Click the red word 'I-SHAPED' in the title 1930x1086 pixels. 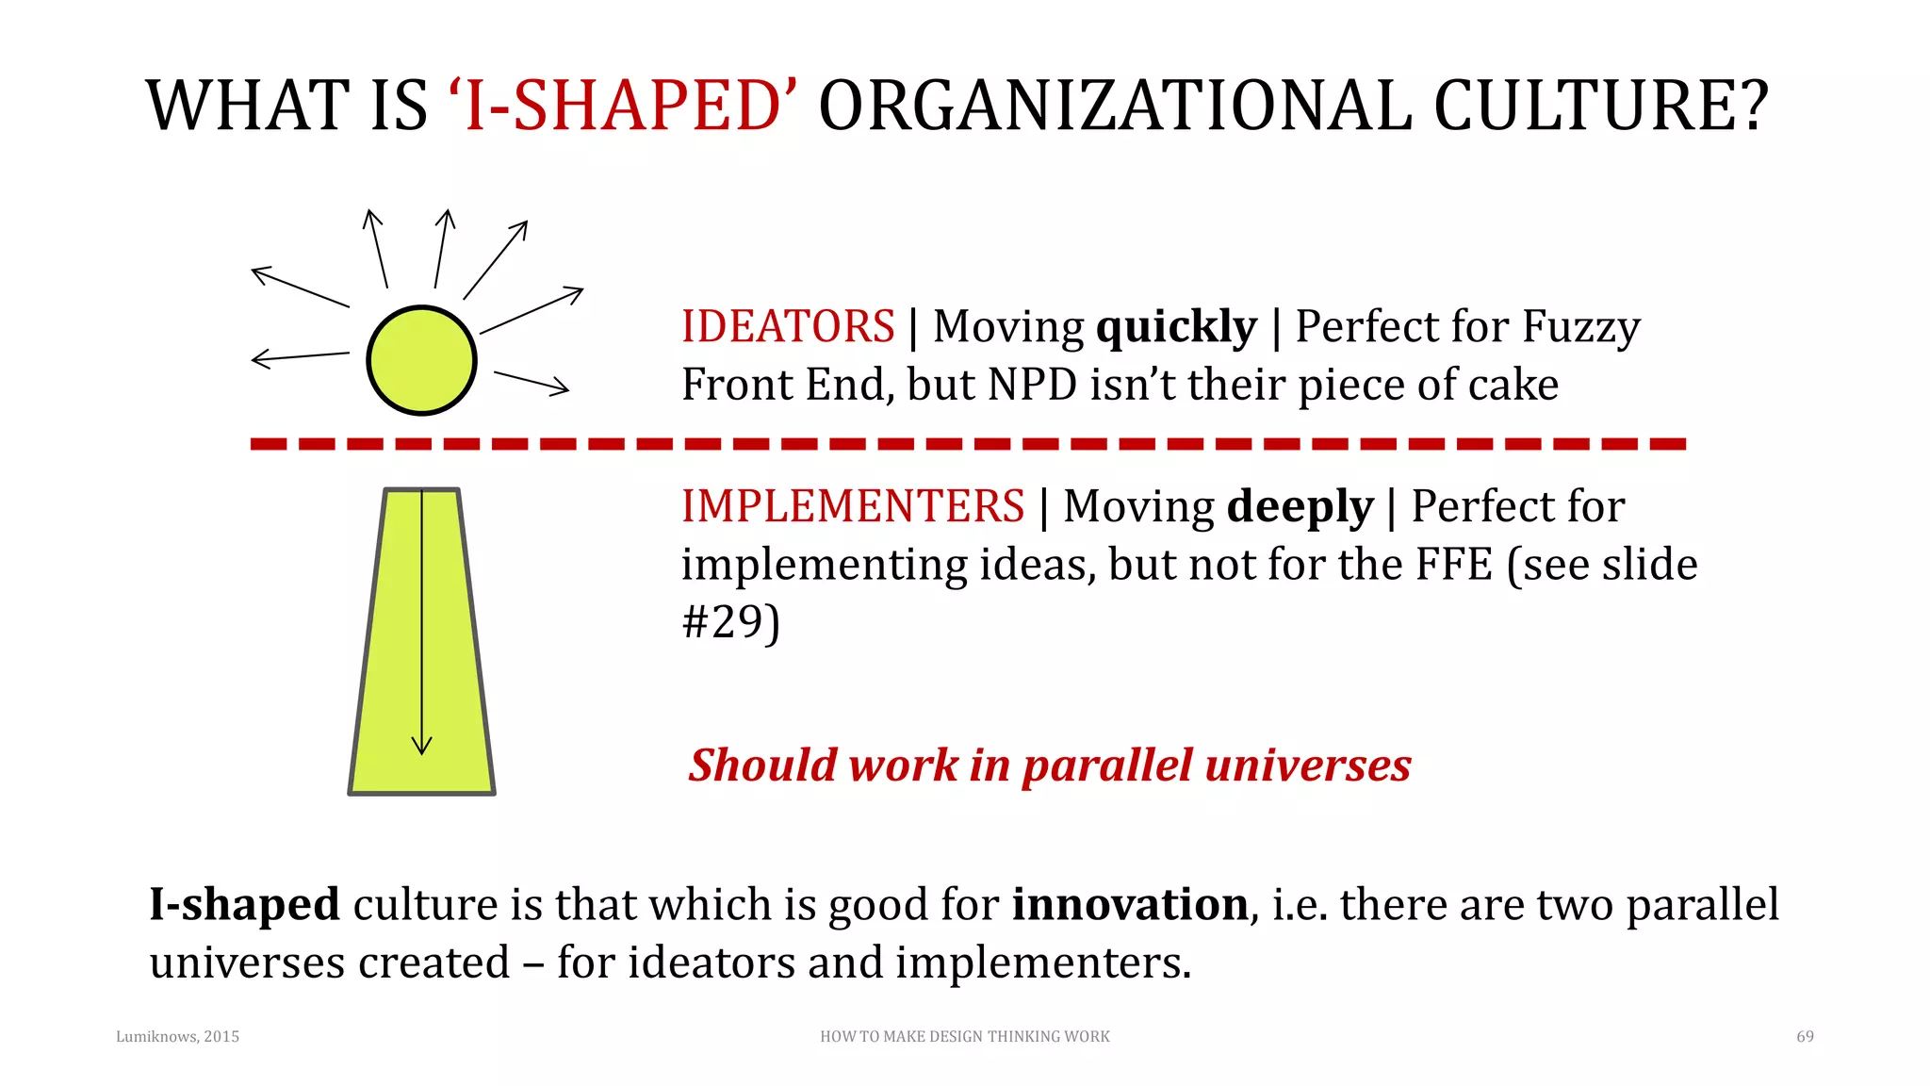(622, 106)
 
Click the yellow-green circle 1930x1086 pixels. (421, 360)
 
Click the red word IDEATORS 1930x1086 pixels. (788, 327)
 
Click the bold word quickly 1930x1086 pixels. (1176, 327)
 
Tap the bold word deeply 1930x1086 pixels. (1300, 507)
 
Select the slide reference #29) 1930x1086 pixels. (730, 622)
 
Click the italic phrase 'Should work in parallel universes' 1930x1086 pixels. (1049, 765)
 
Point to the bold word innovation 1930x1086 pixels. (1130, 904)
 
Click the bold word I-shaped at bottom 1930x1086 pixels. (244, 904)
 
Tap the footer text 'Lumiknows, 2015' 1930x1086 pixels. (177, 1036)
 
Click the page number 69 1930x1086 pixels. (1805, 1036)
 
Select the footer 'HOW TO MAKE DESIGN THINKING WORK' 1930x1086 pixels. (964, 1036)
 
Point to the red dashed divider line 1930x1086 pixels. (967, 443)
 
